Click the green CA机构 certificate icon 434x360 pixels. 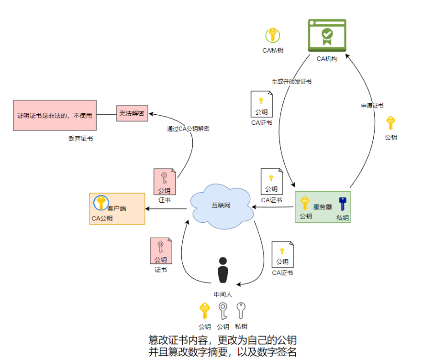point(327,35)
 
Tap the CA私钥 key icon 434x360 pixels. point(273,35)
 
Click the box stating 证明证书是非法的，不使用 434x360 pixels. point(55,115)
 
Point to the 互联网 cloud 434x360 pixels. point(221,205)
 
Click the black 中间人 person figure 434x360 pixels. point(223,272)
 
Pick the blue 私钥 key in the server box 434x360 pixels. point(342,204)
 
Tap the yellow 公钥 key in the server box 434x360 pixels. point(305,204)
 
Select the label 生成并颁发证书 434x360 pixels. point(291,82)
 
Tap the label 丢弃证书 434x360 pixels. point(80,139)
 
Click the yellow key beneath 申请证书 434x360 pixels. point(390,123)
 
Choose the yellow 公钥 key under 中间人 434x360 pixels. point(205,311)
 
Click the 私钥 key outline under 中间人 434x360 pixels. point(241,311)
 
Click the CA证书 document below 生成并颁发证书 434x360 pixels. point(262,104)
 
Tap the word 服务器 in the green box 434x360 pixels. point(323,207)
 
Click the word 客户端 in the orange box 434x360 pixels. point(117,208)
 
